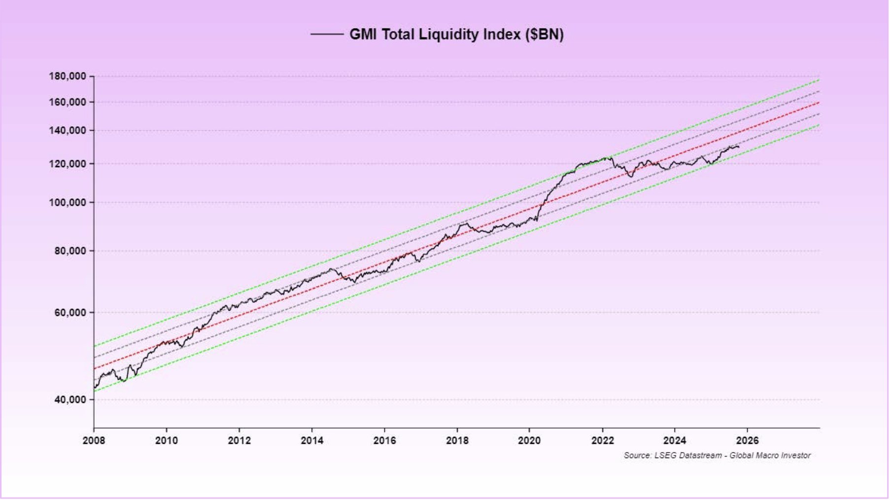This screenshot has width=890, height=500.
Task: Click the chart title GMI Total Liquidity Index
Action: [456, 35]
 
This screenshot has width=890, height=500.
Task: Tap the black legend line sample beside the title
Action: [326, 35]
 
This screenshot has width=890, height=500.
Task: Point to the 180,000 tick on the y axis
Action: [68, 76]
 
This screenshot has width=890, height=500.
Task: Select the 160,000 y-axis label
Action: [68, 102]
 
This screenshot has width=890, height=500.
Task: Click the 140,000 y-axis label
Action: [68, 131]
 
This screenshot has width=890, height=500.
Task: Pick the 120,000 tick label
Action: [68, 164]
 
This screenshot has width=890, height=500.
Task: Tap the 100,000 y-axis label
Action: [68, 203]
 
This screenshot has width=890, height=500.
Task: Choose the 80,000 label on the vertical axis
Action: [69, 251]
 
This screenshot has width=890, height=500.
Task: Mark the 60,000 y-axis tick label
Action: [69, 313]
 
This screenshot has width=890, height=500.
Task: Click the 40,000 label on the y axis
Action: [69, 400]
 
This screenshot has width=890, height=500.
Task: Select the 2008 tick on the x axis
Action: [94, 440]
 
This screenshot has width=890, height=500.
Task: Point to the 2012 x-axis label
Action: [239, 440]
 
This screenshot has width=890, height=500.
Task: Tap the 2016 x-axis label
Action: [384, 440]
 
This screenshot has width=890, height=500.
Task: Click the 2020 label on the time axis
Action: [529, 440]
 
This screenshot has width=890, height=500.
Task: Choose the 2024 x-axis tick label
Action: [675, 440]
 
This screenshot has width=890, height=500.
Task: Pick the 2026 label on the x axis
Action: [747, 440]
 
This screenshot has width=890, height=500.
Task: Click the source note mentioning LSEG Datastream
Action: [717, 456]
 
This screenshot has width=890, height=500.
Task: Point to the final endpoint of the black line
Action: [739, 147]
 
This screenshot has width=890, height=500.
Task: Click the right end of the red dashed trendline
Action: [819, 103]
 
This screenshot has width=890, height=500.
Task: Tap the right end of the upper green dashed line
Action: [819, 79]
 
